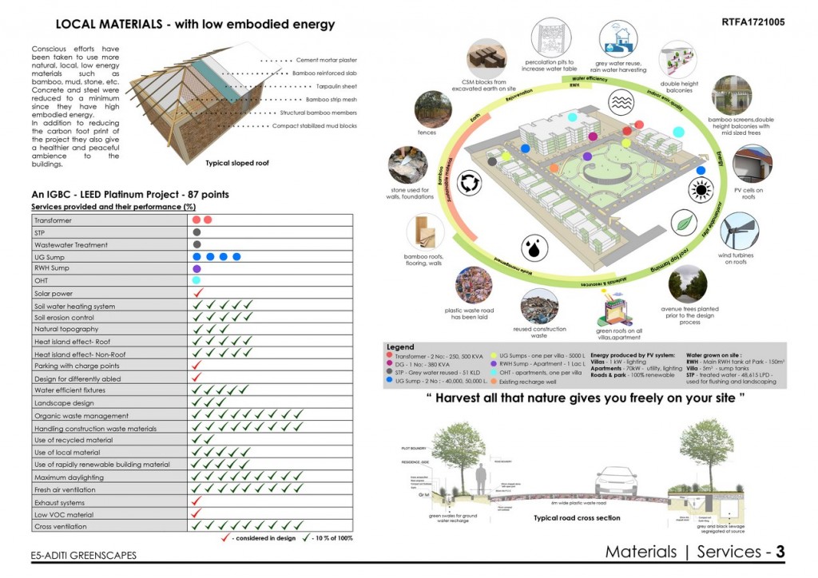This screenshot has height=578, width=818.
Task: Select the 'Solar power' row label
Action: (x=54, y=294)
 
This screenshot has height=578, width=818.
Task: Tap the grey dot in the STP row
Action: (x=197, y=232)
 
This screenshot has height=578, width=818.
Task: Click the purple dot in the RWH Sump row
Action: (x=197, y=269)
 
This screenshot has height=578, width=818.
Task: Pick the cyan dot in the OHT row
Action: (x=197, y=281)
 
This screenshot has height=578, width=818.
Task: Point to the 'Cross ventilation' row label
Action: (x=61, y=527)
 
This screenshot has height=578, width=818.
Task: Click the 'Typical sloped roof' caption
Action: (x=236, y=163)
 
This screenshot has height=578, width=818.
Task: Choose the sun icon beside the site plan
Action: (x=701, y=189)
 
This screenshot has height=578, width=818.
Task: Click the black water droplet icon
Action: (x=531, y=247)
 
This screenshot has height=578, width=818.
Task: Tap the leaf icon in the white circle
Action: (x=685, y=224)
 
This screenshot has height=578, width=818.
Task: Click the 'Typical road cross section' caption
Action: (x=578, y=518)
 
